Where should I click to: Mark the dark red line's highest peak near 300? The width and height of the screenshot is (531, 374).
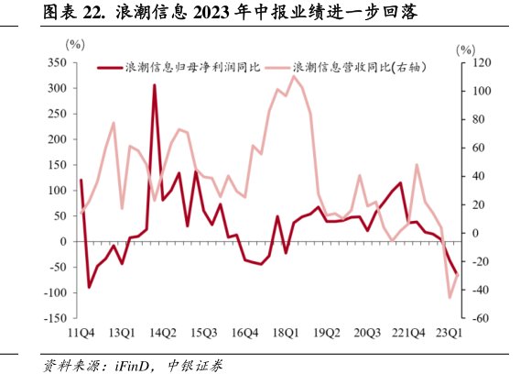point(154,85)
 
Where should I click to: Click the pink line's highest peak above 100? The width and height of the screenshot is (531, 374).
point(293,76)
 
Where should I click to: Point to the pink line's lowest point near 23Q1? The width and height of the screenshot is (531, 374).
point(450,297)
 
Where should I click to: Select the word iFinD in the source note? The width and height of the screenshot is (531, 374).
point(134,364)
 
